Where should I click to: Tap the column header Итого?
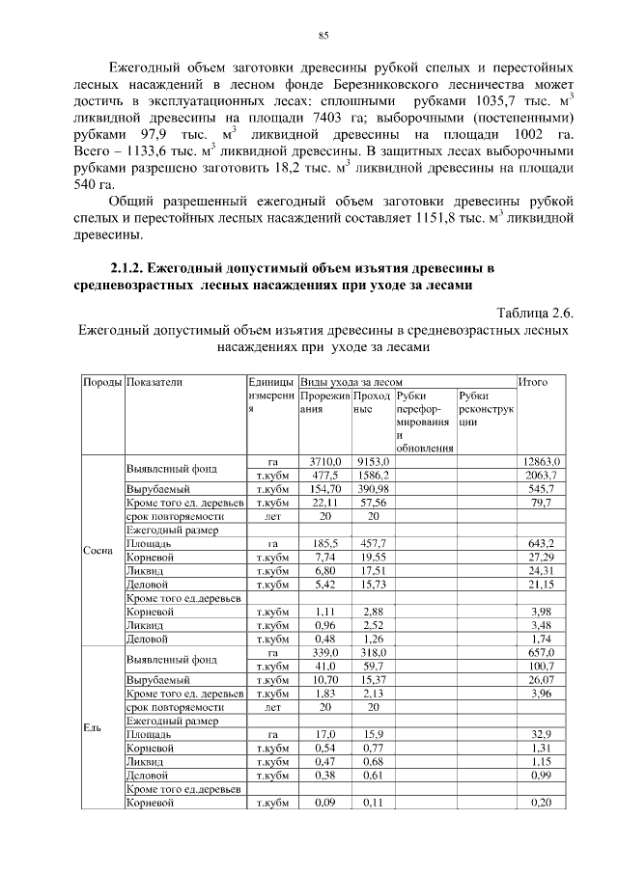(533, 382)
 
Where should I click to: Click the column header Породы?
(101, 382)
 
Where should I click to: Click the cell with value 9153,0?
(371, 462)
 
